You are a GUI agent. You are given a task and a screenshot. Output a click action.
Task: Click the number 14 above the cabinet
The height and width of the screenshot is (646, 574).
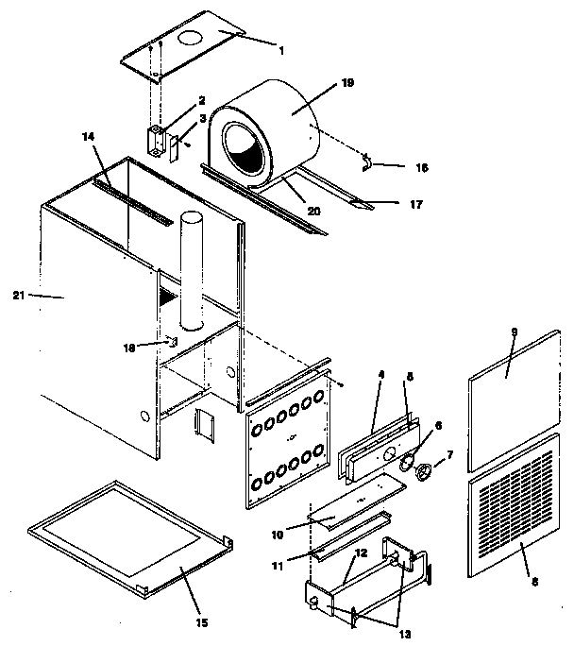coord(88,137)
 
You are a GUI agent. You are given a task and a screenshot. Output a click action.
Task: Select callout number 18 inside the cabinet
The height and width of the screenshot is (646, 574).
coord(130,347)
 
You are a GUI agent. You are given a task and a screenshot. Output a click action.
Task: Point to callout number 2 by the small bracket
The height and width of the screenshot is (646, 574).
coord(201,100)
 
